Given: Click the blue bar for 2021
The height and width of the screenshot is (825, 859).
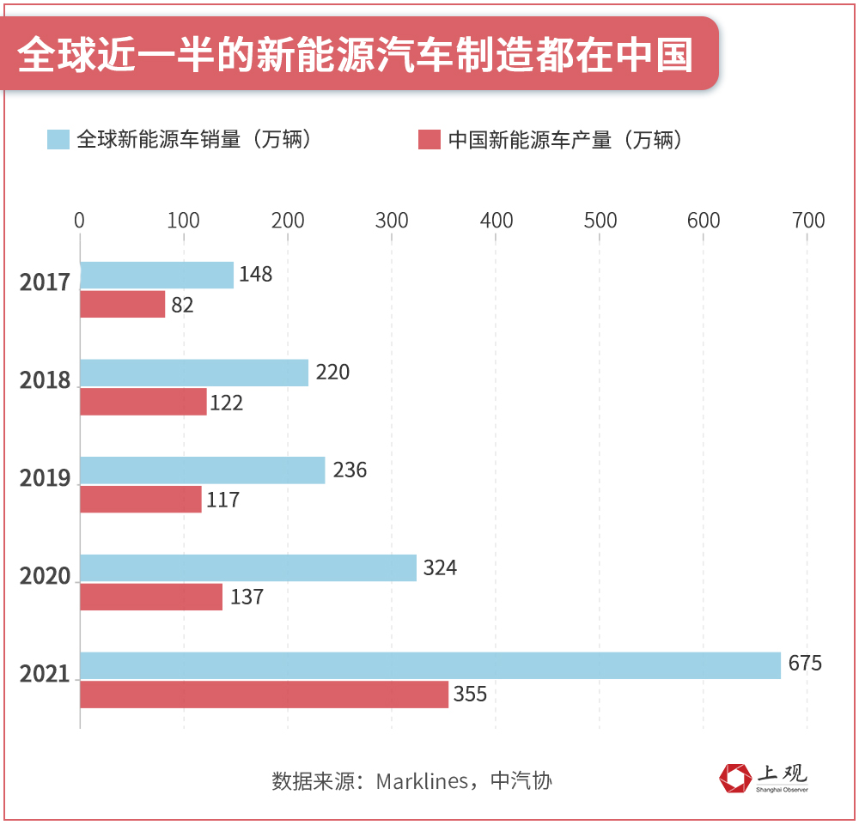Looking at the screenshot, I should (429, 665).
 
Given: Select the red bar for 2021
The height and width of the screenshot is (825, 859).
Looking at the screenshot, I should (264, 695).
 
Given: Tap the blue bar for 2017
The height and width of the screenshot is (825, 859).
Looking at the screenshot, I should (156, 276).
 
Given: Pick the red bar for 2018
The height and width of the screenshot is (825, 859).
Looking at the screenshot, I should (143, 402).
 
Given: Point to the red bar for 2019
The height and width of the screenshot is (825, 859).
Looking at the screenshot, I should (141, 499).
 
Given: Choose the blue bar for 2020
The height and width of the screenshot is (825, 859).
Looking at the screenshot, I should (248, 567).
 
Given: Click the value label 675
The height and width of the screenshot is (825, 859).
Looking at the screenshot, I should (805, 664).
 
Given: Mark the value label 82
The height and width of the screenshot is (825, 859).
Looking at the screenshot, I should (182, 305).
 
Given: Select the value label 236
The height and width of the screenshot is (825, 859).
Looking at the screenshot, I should (350, 470).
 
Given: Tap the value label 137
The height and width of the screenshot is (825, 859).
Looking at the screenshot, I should (247, 597).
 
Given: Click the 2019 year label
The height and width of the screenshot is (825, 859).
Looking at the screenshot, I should (45, 478).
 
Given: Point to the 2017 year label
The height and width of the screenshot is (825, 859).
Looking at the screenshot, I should (45, 282).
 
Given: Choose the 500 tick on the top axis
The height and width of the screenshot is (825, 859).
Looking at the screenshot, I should (600, 221).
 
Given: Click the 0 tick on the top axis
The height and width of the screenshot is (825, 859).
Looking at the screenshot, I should (79, 221).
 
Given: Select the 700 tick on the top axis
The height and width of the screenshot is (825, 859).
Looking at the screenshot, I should (807, 221).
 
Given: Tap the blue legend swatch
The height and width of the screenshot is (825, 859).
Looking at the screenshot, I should (58, 139).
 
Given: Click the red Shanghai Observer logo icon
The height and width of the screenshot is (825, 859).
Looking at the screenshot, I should (734, 778).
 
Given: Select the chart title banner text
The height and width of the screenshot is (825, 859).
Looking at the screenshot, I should (355, 53).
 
